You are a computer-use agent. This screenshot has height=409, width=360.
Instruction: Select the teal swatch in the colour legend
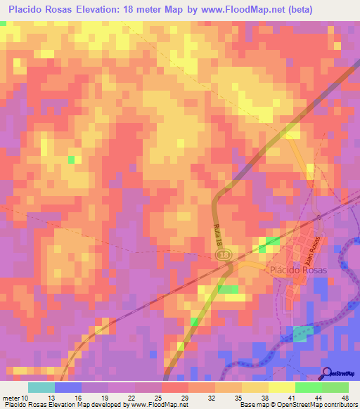[41, 387]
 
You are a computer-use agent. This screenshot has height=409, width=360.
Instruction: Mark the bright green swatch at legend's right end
[335, 387]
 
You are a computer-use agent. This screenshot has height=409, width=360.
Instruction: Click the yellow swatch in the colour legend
[282, 387]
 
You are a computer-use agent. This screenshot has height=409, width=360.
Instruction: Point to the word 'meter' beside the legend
[12, 398]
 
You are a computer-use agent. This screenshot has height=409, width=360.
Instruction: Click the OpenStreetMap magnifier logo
[326, 373]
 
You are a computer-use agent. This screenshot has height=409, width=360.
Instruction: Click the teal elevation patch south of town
[304, 334]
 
